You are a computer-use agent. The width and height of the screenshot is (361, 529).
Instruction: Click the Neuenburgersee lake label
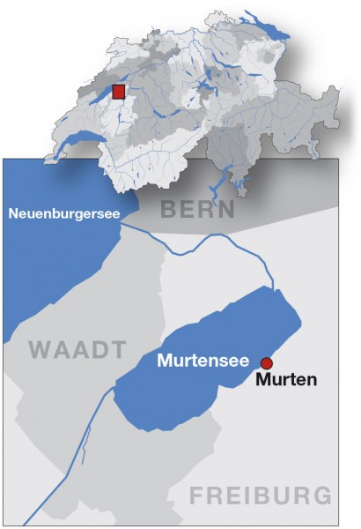[x=63, y=212]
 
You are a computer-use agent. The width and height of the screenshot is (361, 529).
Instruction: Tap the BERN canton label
[x=197, y=210]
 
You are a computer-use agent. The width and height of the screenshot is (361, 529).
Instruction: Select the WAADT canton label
[x=77, y=349]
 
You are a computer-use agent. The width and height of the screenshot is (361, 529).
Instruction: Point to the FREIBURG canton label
[x=261, y=495]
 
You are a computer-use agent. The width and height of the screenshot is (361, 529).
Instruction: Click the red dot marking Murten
[x=267, y=362]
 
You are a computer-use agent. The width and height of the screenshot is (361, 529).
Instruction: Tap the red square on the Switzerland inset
[x=119, y=91]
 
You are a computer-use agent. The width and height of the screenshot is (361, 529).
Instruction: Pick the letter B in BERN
[x=167, y=210]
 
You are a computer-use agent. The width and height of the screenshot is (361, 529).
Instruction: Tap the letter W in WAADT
[x=41, y=349]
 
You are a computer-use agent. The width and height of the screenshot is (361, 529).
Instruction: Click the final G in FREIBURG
[x=323, y=495]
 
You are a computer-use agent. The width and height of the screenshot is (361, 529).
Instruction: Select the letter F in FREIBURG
[x=198, y=495]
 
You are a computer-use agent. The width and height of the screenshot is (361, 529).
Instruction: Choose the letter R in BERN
[x=207, y=210]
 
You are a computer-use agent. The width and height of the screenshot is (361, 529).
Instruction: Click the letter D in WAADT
[x=100, y=349]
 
